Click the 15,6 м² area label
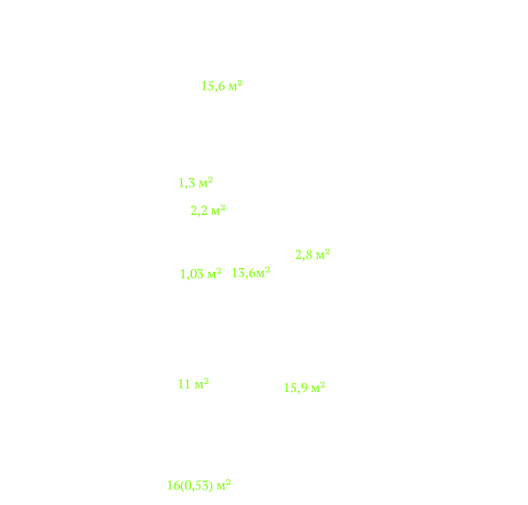coord(222,86)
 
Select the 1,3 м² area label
coord(196,183)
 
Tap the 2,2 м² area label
coord(208,210)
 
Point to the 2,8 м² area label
coord(312,254)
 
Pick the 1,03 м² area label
coord(201,274)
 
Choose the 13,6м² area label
coord(251,273)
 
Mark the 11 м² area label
coord(193,384)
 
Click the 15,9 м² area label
coord(305,387)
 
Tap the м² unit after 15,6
coord(236,85)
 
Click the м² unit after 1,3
coord(206,182)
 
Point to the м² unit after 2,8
coord(323,254)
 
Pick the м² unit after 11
coord(202,384)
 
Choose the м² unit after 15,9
coord(319,387)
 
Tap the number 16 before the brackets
coord(174,486)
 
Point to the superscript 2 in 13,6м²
coord(267,269)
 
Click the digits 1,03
coord(192,274)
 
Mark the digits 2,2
coord(199,211)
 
